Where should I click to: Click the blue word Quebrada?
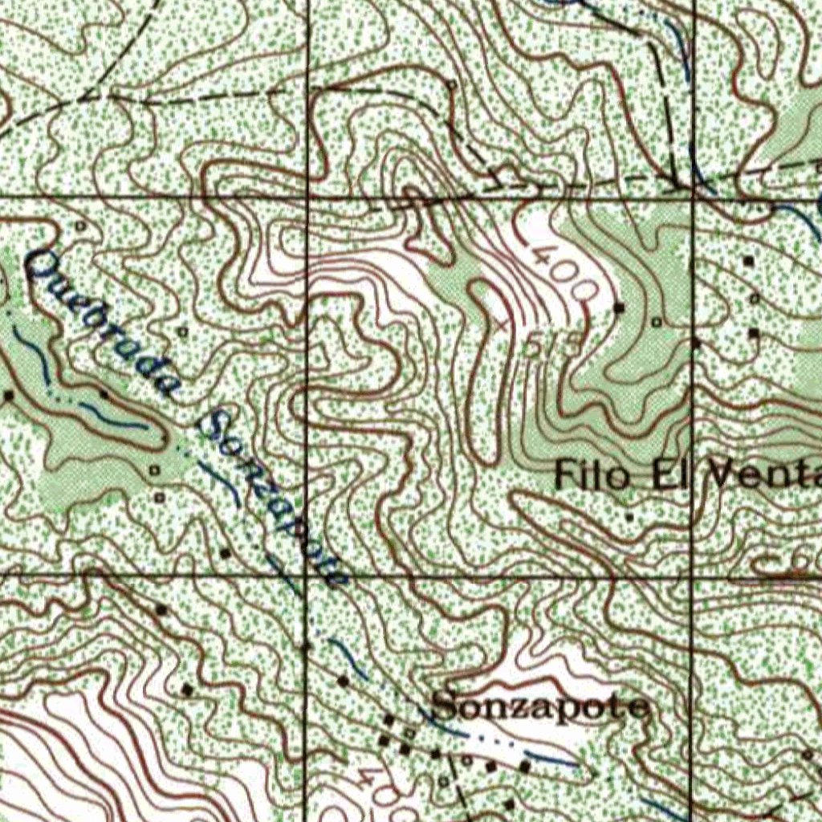[100, 325]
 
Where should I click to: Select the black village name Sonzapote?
[540, 707]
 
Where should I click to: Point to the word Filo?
[592, 475]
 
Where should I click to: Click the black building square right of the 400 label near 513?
[619, 307]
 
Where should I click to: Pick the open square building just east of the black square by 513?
[657, 322]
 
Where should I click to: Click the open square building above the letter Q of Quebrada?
[80, 227]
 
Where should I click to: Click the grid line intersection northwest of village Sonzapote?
[306, 576]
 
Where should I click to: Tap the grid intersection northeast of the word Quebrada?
[307, 196]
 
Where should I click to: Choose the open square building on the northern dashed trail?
[453, 84]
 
